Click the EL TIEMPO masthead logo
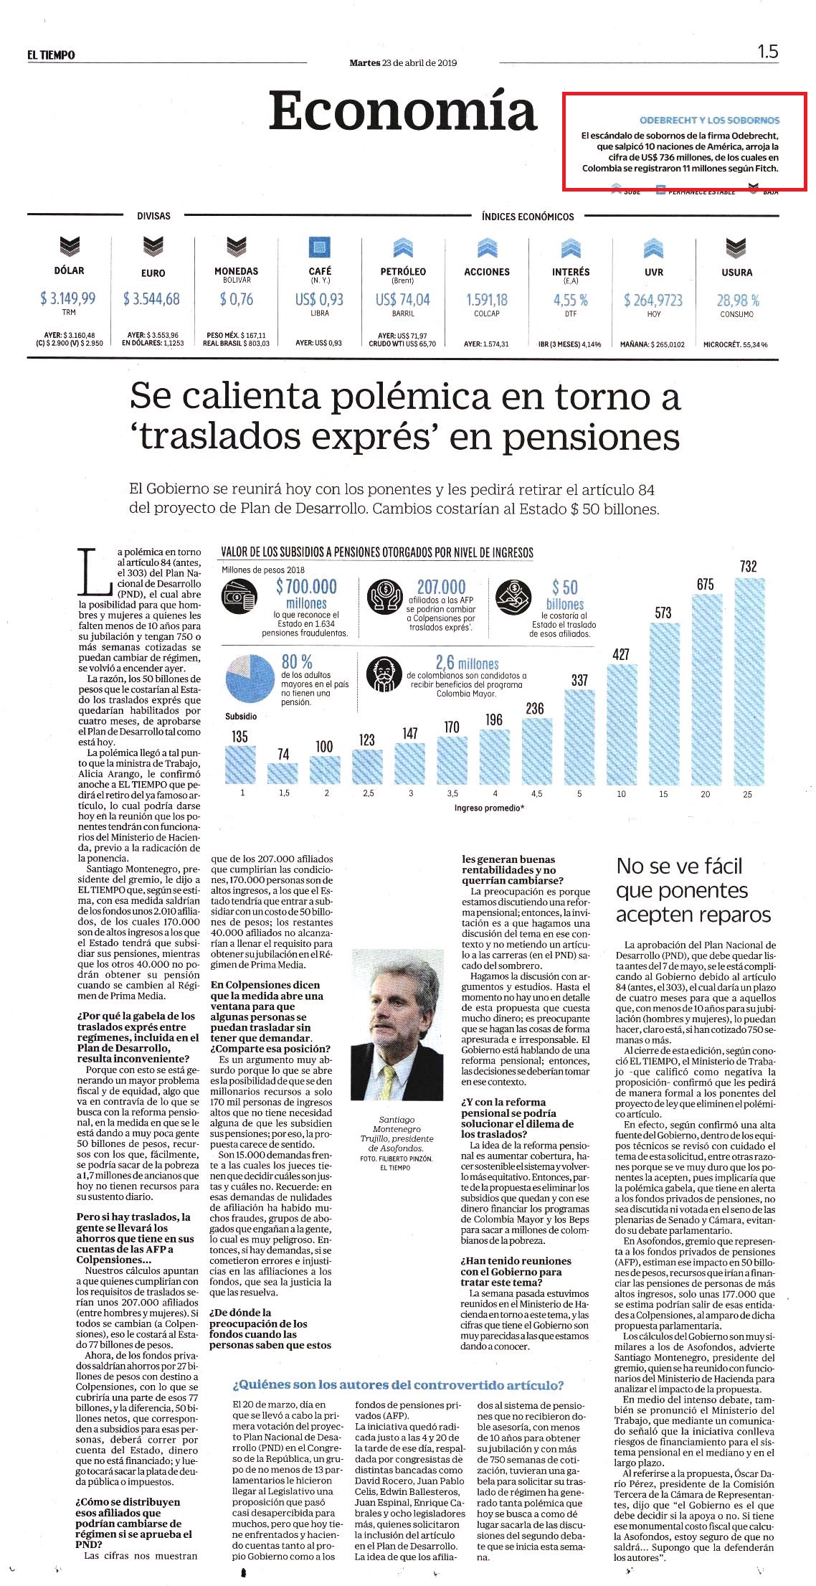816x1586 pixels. click(x=51, y=55)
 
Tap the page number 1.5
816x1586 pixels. click(x=767, y=52)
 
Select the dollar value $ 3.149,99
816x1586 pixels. click(x=68, y=298)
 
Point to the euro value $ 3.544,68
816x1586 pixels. click(x=151, y=298)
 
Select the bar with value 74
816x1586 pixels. click(x=283, y=773)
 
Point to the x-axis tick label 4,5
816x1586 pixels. click(x=536, y=794)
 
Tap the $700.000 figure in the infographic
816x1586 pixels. click(x=306, y=587)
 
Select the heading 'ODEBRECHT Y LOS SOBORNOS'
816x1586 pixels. click(x=709, y=121)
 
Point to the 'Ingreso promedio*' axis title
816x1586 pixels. click(x=489, y=808)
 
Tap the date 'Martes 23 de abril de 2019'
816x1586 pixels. click(x=403, y=62)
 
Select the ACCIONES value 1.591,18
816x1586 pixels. click(x=487, y=300)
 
